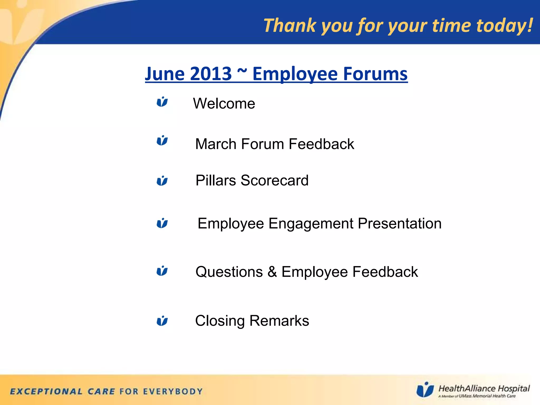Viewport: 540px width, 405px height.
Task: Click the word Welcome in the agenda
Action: tap(224, 103)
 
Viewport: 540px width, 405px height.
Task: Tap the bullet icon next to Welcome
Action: tap(162, 102)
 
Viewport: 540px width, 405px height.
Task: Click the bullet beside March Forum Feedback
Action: tap(162, 140)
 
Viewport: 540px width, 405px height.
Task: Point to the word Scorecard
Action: tap(274, 180)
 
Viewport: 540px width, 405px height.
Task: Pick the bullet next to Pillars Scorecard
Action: tap(162, 181)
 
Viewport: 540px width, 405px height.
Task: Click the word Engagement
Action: tap(311, 224)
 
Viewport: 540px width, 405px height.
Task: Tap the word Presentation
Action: tap(400, 223)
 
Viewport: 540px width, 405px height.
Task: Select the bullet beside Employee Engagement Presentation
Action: tap(162, 223)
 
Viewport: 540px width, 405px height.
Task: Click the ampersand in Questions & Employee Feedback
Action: tap(272, 272)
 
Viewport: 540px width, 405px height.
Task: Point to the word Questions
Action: tap(229, 272)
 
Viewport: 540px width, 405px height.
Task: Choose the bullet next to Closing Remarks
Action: tap(162, 321)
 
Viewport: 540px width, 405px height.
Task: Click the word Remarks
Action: tap(279, 321)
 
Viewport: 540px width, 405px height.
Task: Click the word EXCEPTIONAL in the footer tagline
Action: tap(46, 391)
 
